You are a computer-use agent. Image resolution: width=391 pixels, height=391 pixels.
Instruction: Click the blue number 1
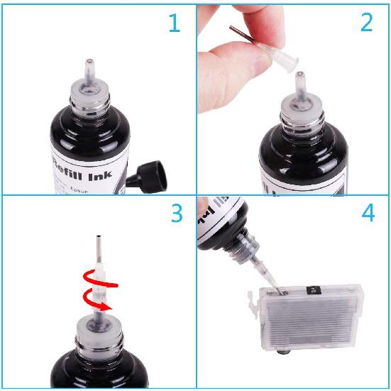(174, 23)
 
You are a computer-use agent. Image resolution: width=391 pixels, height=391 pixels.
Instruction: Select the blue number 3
(175, 214)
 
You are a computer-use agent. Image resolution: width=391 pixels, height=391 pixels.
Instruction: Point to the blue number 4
(368, 214)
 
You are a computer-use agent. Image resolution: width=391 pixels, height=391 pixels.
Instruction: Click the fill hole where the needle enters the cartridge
(283, 291)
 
